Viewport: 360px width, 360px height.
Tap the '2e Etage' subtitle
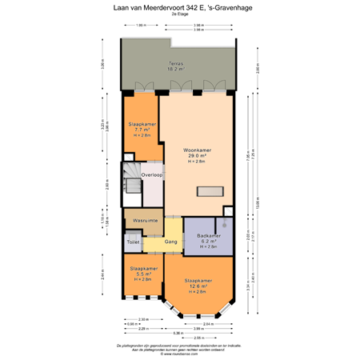point(179,17)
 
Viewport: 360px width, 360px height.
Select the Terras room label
point(175,63)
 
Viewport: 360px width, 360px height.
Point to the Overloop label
point(152,174)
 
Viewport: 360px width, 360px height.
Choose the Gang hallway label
point(170,242)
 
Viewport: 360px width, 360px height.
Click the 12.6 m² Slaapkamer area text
point(198,286)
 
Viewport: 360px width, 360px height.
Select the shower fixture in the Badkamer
point(226,226)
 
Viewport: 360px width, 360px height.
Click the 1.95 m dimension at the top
point(141,26)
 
